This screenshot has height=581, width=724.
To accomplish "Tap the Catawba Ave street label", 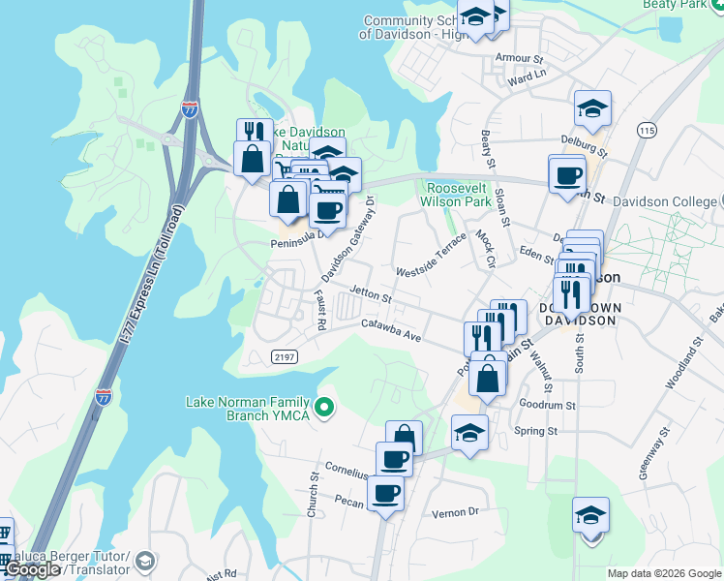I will point(391,329).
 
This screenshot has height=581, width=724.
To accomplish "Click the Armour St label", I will point(513,58).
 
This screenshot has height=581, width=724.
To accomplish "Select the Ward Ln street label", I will point(527,75).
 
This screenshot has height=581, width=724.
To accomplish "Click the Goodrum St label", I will point(547,406).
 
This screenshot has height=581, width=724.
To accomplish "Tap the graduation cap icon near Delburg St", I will point(592,108).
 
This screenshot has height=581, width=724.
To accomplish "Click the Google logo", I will point(33,569).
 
